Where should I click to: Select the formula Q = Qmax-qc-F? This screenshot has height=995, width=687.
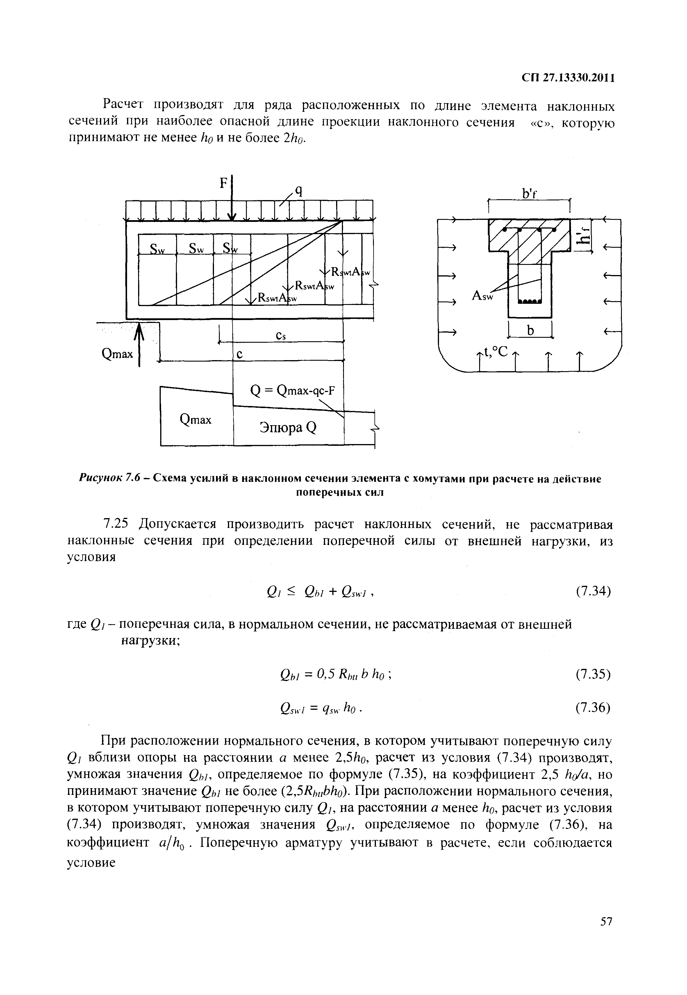click(x=292, y=391)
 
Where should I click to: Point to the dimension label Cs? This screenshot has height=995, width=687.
click(x=281, y=336)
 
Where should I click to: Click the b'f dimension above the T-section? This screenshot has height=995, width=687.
click(x=529, y=195)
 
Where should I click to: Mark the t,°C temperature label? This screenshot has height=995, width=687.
click(x=496, y=352)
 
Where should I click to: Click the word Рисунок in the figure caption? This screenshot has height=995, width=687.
click(x=101, y=478)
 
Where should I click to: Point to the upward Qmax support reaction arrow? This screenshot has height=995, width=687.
click(x=139, y=344)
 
